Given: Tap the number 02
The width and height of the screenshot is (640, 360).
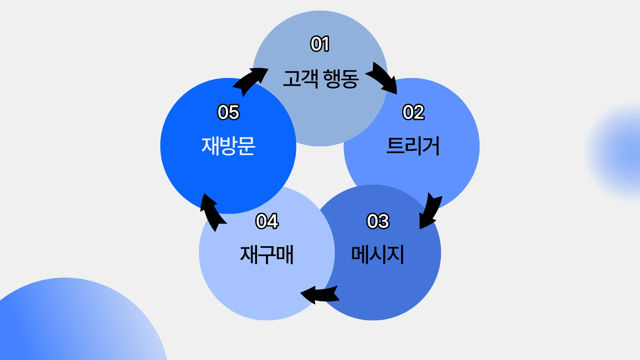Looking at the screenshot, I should coord(413,112).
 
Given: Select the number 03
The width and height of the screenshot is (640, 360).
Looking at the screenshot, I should coord(378,221).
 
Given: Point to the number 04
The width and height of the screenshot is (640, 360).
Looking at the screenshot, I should coord(267,221).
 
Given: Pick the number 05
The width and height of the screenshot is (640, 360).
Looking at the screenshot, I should coord(228,112).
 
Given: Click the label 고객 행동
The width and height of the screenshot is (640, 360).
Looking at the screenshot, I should coord(321,79).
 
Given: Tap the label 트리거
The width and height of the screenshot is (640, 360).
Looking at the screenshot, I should coord(413,146).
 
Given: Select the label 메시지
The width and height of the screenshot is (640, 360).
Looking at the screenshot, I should coord(378,255).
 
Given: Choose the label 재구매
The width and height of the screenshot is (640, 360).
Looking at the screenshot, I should coord(267,255).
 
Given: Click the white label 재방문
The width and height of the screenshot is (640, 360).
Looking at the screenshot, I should coord(228,146).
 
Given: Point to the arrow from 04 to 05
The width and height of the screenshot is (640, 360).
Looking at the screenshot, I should coord(212,212).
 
